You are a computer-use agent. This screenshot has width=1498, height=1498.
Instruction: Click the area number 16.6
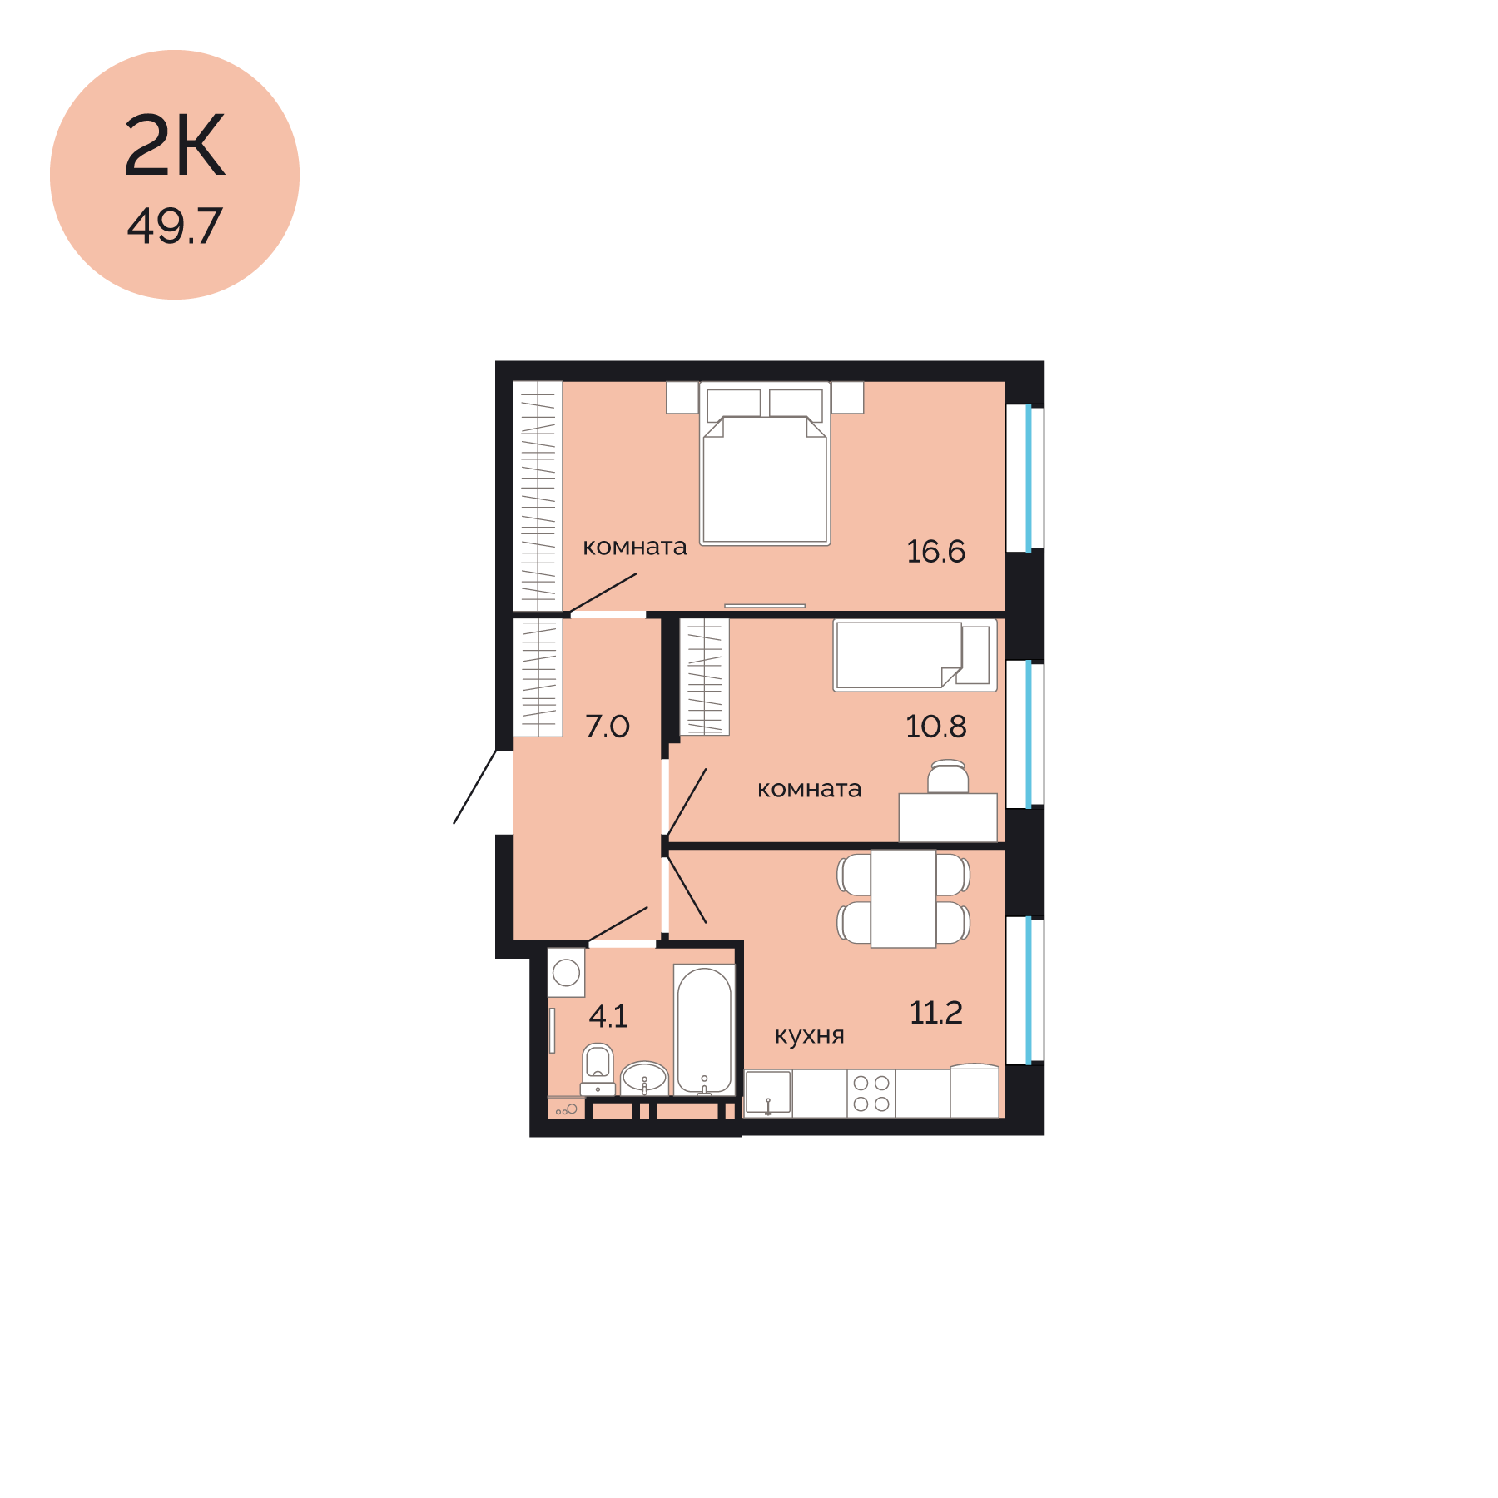pos(935,552)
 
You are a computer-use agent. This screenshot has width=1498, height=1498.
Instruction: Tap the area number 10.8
pos(935,727)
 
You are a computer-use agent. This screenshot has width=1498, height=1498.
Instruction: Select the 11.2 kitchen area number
pos(935,1013)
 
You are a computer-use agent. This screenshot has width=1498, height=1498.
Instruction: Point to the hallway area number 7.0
pos(608,727)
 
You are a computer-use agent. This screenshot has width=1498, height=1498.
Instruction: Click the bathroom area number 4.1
pos(608,1016)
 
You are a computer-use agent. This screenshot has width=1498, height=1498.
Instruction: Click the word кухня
pos(809,1036)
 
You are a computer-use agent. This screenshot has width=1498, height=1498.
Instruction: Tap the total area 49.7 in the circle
pos(175,226)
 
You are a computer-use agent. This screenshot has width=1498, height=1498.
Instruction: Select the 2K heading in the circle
pos(175,146)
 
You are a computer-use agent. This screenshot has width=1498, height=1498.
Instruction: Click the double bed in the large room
pos(765,464)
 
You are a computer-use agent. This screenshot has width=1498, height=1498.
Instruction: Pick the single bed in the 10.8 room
pos(915,656)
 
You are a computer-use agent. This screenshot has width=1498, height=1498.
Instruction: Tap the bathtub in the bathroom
pos(704,1030)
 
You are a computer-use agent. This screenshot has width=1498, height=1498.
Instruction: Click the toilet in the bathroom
pos(598,1069)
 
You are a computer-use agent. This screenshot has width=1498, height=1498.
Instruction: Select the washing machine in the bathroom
pos(566,972)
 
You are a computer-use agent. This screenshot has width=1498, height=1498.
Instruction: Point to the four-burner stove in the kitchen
pos(871,1094)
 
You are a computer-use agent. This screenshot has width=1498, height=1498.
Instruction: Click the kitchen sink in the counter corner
pos(767,1094)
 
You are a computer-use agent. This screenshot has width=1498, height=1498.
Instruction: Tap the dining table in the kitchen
pos(903,899)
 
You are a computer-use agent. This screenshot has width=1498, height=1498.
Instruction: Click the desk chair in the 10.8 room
pos(948,776)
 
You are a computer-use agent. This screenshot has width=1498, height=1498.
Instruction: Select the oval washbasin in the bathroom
pos(644,1079)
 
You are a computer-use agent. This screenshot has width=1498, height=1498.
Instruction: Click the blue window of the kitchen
pos(1029,990)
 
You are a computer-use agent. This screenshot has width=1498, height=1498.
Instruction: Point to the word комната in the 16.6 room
pos(634,548)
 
